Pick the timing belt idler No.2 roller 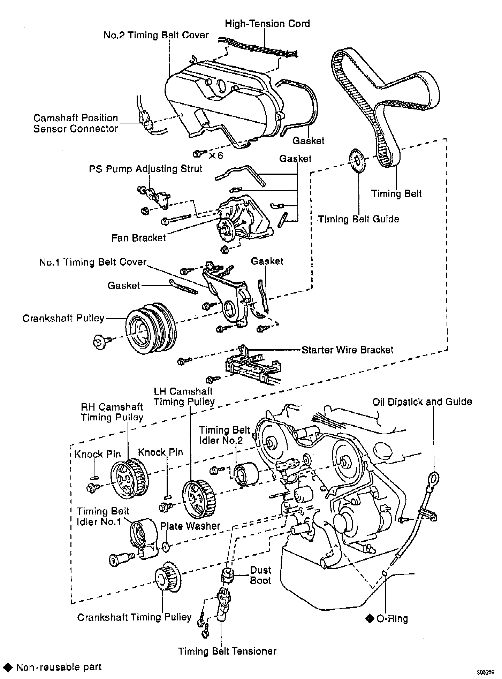point(246,474)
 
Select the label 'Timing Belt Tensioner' point(227,651)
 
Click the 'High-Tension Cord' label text point(267,24)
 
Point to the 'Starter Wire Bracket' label point(347,350)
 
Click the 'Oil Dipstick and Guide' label point(422,402)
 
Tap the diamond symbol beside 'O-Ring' point(370,618)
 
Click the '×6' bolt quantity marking point(216,155)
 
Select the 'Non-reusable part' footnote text point(59,667)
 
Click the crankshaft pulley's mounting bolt point(100,341)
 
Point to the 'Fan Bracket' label point(139,238)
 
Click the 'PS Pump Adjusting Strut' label point(146,169)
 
